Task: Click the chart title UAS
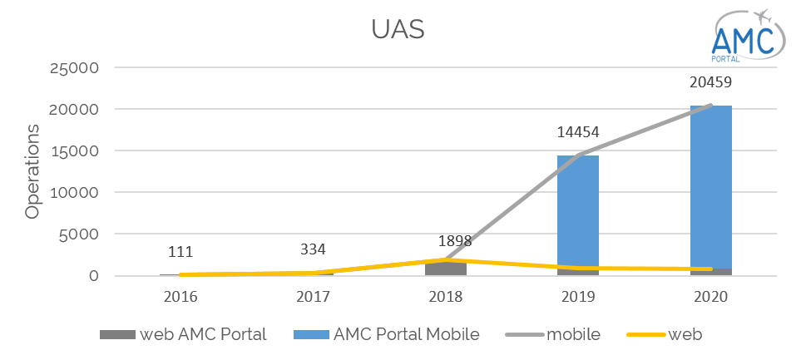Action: point(398,30)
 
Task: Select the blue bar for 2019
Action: point(577,211)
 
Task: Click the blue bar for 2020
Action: point(711,187)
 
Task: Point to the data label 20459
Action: point(711,83)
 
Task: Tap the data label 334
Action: point(313,249)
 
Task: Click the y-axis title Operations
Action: point(32,171)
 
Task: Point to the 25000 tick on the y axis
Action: point(77,68)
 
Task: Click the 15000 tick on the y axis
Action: point(77,151)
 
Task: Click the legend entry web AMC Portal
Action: point(183,335)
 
